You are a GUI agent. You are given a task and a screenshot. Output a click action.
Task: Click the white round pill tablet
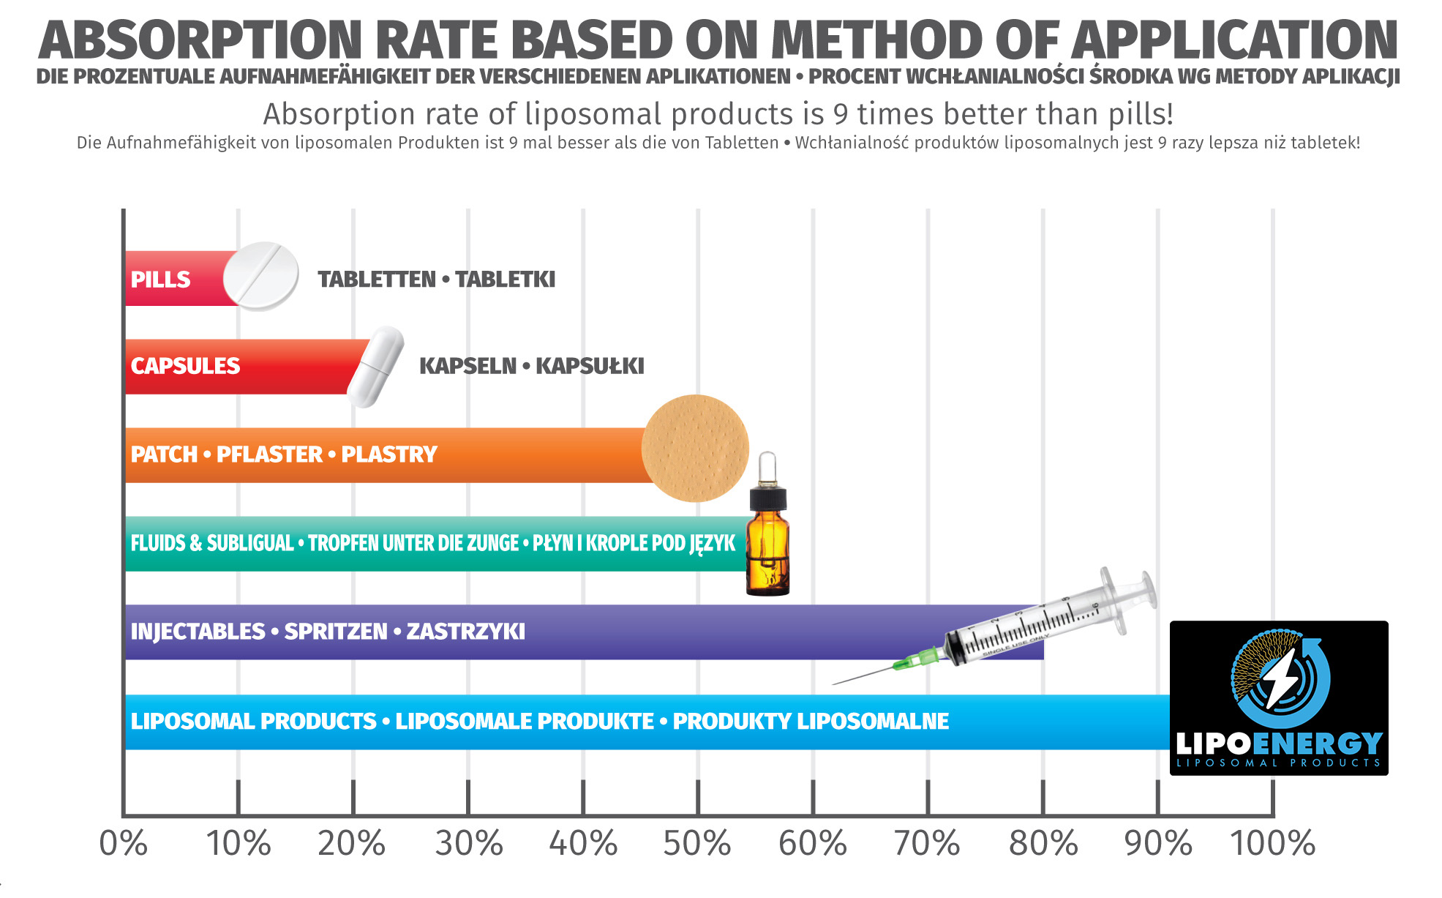(260, 276)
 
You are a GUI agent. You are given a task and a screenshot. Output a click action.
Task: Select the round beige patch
(695, 448)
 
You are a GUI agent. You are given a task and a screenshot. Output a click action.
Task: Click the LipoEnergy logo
(1278, 697)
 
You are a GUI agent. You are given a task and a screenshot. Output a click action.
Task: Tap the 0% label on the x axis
(123, 843)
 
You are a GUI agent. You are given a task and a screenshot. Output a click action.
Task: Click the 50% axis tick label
(696, 843)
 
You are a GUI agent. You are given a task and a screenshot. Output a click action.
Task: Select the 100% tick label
(1272, 843)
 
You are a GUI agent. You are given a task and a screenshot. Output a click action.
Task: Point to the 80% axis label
(1043, 843)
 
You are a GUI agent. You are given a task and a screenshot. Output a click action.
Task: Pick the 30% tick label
(468, 843)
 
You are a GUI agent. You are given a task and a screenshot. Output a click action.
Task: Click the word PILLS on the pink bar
(160, 280)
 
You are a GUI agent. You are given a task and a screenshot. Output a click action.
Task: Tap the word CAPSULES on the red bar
(185, 366)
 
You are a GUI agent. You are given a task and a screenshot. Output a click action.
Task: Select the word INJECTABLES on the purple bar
(198, 632)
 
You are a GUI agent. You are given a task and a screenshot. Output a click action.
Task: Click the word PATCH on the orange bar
(164, 454)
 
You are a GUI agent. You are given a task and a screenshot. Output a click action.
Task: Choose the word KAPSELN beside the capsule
(467, 366)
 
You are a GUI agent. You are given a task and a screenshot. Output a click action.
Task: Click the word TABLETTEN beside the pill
(377, 280)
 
